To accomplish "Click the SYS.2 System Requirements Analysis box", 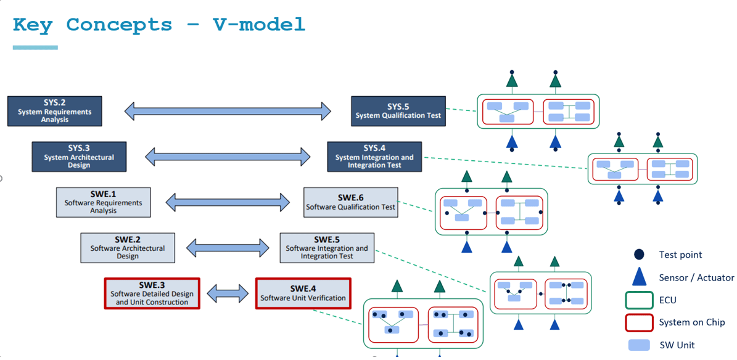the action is click(x=54, y=111).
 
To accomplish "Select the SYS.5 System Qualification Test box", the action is click(x=398, y=111).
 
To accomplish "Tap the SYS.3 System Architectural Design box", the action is click(x=80, y=157).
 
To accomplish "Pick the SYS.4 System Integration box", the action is click(x=374, y=157).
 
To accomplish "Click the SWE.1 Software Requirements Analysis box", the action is click(x=104, y=202).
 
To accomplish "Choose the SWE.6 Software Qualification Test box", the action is click(x=351, y=202).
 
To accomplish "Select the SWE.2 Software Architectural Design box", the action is click(x=128, y=248).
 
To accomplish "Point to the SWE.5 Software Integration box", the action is click(x=327, y=248).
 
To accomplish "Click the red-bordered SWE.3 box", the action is click(x=152, y=293).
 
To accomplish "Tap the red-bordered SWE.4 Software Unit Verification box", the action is click(x=303, y=293).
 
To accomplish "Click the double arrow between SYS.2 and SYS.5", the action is click(x=228, y=111).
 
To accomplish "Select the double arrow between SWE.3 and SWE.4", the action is click(x=228, y=293).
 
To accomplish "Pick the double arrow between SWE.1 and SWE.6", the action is click(x=228, y=202).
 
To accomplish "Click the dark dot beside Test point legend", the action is click(x=639, y=255).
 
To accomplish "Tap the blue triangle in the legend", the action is click(x=639, y=276).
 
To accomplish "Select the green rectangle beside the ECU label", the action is click(x=639, y=300).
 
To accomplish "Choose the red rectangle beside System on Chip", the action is click(x=639, y=322).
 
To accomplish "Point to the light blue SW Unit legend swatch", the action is click(x=639, y=345).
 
